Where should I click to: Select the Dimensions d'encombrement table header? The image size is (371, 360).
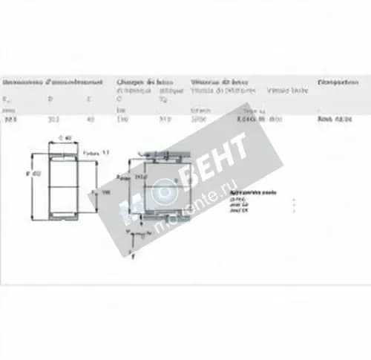point(53,81)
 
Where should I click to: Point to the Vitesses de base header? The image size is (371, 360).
point(220,81)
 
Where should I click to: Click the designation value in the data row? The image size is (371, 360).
point(334,118)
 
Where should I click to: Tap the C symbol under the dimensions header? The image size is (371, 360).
point(90,97)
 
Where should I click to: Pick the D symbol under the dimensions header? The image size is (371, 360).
point(51,97)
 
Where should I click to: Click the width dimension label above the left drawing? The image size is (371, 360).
point(65,138)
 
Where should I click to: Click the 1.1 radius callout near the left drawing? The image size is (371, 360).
point(96,151)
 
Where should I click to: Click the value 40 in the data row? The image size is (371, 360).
point(90,118)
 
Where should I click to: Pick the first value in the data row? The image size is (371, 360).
point(10,118)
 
